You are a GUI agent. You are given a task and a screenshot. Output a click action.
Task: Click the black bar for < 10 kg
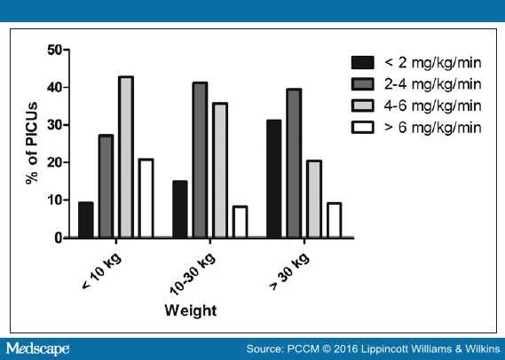pyautogui.click(x=86, y=220)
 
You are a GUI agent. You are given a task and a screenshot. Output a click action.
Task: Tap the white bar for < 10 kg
pyautogui.click(x=145, y=199)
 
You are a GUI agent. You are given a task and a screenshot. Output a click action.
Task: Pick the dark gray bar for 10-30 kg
pyautogui.click(x=200, y=160)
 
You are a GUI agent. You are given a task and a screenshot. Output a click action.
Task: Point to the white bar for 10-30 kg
pyautogui.click(x=240, y=222)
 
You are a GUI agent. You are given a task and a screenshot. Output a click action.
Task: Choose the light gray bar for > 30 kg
pyautogui.click(x=313, y=199)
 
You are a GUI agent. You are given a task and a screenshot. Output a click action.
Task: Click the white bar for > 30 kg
pyautogui.click(x=333, y=220)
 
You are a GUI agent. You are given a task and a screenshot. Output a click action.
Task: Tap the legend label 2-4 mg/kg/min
pyautogui.click(x=433, y=84)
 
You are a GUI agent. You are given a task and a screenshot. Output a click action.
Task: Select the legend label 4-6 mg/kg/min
pyautogui.click(x=433, y=106)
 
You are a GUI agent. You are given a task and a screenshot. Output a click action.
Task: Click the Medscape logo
pyautogui.click(x=36, y=348)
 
